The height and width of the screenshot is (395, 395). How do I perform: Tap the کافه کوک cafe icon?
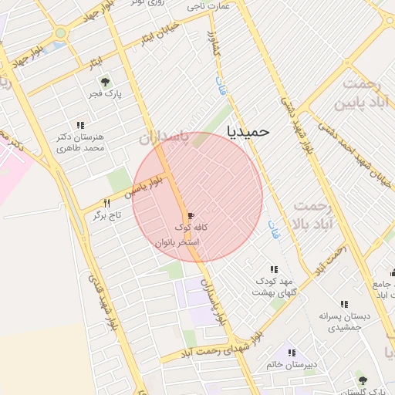[x=191, y=215]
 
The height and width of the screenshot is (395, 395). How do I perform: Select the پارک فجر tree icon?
[x=105, y=82]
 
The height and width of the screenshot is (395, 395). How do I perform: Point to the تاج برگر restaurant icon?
[x=107, y=203]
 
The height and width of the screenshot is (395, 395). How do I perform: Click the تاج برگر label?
[x=108, y=217]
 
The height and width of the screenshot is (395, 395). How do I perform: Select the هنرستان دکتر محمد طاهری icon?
[x=80, y=125]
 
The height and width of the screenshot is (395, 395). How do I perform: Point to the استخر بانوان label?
[x=177, y=241]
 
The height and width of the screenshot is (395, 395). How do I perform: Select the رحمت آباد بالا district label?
[x=313, y=215]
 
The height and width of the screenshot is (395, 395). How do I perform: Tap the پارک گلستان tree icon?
[x=362, y=379]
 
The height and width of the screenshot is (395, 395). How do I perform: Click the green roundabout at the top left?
[x=60, y=33]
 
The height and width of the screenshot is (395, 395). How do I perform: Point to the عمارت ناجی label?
[x=208, y=5]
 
